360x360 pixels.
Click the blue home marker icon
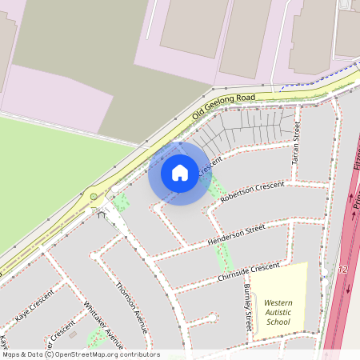click(180, 173)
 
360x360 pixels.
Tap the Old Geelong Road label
click(223, 107)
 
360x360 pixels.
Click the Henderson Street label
click(236, 234)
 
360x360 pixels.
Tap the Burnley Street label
click(248, 307)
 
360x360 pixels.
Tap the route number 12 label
click(343, 270)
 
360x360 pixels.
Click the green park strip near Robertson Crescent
click(215, 187)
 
